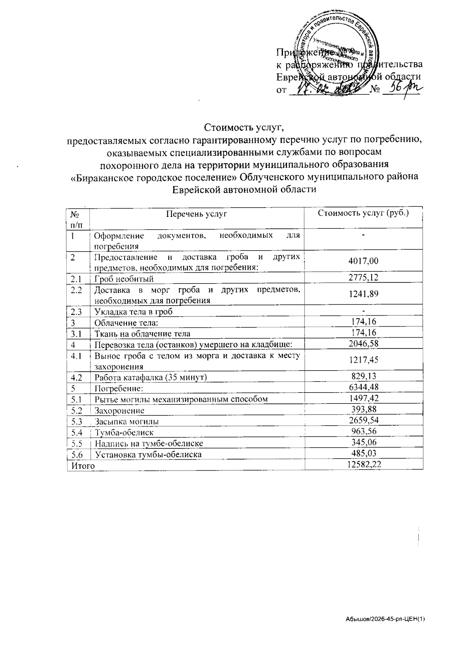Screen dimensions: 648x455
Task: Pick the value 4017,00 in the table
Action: coord(363,261)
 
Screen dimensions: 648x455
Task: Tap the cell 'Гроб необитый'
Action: coord(124,279)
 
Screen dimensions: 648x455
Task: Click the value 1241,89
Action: coord(363,294)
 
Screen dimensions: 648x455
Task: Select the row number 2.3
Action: coord(76,312)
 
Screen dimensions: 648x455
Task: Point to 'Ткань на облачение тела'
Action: coord(142,333)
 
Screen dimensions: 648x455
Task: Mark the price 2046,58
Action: coord(363,343)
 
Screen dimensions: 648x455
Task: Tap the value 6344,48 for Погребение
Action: coord(363,387)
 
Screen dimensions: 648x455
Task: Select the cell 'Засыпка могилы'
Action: coord(127,421)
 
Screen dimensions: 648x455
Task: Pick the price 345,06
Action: coord(363,442)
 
